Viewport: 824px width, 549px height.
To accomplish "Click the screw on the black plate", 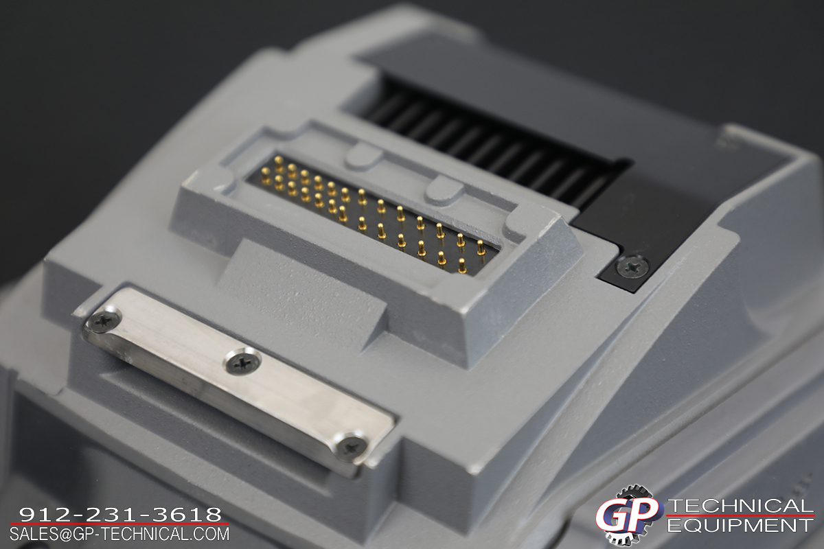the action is click(x=632, y=266).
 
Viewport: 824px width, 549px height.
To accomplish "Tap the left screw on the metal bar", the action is click(x=104, y=320).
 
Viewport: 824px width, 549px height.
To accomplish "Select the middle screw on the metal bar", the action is click(x=243, y=362).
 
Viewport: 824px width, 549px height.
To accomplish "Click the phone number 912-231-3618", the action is click(x=120, y=515).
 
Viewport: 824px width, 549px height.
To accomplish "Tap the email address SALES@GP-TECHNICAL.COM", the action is click(x=119, y=535).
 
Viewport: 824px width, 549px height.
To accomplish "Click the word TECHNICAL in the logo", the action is click(x=740, y=506).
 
